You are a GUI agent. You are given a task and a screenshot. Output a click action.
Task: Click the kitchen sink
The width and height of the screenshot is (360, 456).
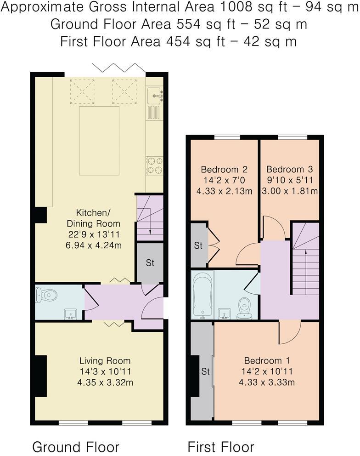point(154,96)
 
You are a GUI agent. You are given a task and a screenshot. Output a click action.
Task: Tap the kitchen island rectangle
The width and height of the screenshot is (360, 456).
point(99,140)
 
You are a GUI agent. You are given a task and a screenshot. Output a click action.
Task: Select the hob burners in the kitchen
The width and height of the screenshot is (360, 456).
point(154,165)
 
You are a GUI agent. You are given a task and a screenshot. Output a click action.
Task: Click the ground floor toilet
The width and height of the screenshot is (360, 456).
point(46,294)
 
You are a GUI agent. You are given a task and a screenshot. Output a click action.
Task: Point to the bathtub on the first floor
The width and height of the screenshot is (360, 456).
point(202,296)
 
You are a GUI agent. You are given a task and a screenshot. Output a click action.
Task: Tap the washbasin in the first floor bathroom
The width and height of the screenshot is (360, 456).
point(225,313)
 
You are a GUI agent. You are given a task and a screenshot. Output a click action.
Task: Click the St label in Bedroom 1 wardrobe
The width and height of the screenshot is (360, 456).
point(205,371)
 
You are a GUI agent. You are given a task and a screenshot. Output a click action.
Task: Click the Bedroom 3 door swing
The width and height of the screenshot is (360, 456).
point(276,228)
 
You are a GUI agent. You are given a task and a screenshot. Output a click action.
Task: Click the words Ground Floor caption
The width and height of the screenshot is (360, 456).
point(76,446)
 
